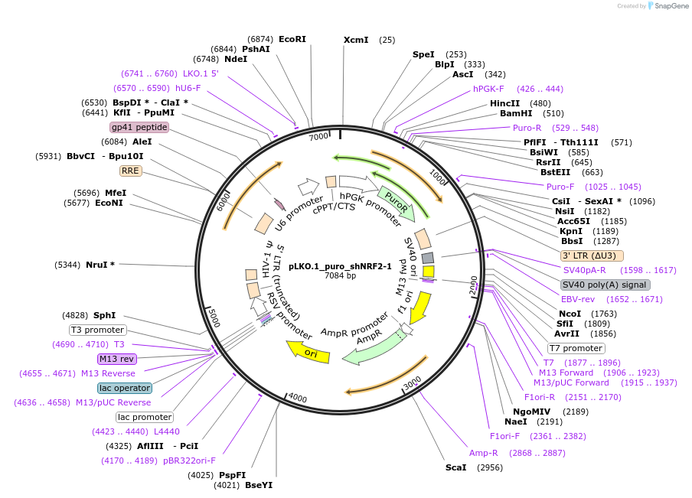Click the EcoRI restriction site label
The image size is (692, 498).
(292, 39)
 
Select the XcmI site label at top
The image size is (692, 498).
(356, 40)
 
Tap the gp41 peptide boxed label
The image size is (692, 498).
(139, 127)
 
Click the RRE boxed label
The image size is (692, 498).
(131, 171)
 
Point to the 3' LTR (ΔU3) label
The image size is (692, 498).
(592, 256)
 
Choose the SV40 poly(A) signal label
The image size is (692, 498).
(605, 285)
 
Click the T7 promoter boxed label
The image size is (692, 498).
(576, 348)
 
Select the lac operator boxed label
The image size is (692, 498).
(125, 388)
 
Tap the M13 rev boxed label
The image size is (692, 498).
(116, 359)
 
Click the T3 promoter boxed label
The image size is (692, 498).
(97, 330)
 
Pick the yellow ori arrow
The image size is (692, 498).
(308, 352)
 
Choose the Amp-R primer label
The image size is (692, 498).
(484, 453)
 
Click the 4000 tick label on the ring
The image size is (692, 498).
(297, 399)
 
